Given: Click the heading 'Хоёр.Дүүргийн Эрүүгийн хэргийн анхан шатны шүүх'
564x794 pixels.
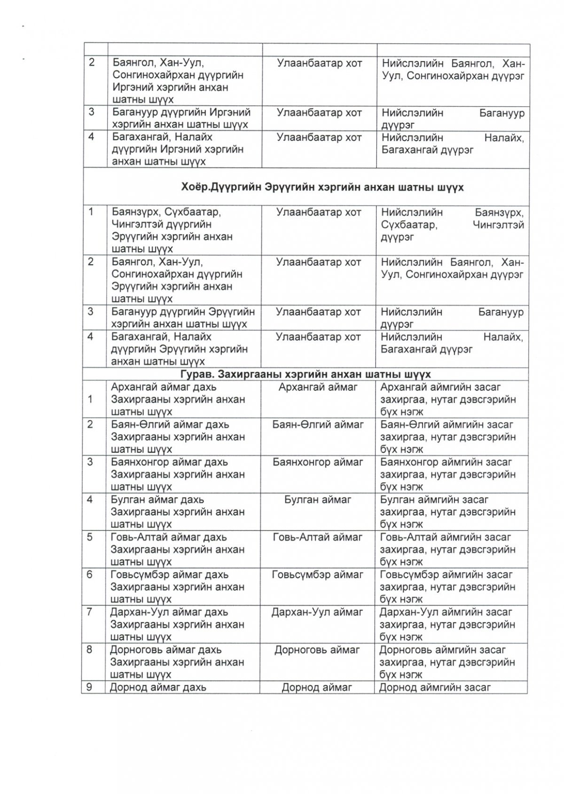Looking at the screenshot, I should click(x=322, y=188).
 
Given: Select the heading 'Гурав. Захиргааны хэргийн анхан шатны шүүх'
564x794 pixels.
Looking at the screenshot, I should click(x=305, y=375).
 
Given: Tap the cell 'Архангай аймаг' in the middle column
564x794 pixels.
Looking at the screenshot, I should click(x=318, y=387).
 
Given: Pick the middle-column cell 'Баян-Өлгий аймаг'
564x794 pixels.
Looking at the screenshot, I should click(x=318, y=425).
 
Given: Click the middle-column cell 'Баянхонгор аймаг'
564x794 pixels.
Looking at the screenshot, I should click(x=318, y=462).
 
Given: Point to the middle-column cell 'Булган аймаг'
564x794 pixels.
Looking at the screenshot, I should click(x=318, y=500).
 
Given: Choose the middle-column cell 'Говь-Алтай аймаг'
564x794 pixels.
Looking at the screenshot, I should click(x=318, y=537).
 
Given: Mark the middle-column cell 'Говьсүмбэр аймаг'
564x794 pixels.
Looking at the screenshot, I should click(x=318, y=574).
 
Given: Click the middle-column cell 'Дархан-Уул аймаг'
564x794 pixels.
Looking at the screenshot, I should click(x=318, y=612).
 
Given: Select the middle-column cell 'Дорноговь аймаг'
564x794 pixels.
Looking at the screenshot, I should click(x=318, y=650).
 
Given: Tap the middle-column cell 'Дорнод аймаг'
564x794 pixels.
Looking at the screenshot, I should click(x=317, y=687).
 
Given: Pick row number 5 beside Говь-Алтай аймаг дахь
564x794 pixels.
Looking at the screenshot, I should click(x=90, y=537).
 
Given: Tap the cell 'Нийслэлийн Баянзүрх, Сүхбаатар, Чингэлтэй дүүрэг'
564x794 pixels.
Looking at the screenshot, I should click(x=452, y=225).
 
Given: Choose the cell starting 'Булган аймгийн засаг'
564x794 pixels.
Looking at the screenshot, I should click(x=448, y=511).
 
